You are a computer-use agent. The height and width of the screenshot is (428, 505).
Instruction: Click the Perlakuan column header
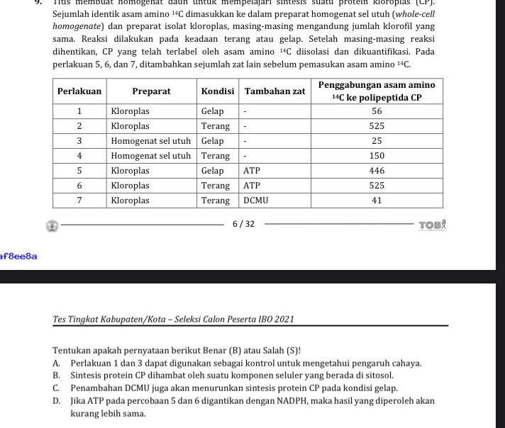coord(79,91)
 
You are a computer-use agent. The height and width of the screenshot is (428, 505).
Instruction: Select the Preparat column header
coord(152,91)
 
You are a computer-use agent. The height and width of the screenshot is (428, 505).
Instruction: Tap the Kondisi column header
coord(218,91)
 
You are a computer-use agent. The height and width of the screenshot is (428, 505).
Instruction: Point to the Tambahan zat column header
coord(274,91)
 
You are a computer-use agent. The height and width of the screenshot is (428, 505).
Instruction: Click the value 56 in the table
coord(377,111)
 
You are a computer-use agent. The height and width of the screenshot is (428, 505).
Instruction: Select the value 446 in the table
coord(377,171)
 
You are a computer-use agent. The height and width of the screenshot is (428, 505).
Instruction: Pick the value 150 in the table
coord(377,156)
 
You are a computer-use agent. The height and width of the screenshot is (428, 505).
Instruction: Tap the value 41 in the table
coord(377,201)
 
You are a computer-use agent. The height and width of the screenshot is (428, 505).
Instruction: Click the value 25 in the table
coord(377,141)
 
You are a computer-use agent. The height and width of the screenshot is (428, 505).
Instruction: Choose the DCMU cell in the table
coord(255,201)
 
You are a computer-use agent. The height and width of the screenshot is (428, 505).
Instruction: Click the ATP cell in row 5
coord(252,171)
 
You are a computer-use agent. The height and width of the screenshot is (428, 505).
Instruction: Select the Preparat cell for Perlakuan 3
coord(151,141)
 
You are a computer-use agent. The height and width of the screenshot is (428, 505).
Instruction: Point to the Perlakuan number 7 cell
coord(79,201)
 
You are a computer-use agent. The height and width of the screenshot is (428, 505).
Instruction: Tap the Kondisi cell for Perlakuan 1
coord(212,111)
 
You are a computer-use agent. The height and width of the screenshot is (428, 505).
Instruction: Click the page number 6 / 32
coord(243,225)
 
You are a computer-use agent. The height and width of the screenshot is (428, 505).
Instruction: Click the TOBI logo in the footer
coord(432,225)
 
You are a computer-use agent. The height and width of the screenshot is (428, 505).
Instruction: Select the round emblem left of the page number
coord(52,225)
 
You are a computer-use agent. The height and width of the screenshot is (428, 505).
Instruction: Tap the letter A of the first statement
coord(56,364)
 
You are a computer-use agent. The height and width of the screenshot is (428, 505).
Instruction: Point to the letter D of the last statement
coord(56,401)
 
